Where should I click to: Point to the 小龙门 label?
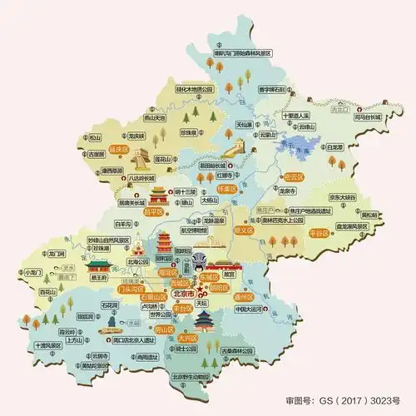click(33, 272)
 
